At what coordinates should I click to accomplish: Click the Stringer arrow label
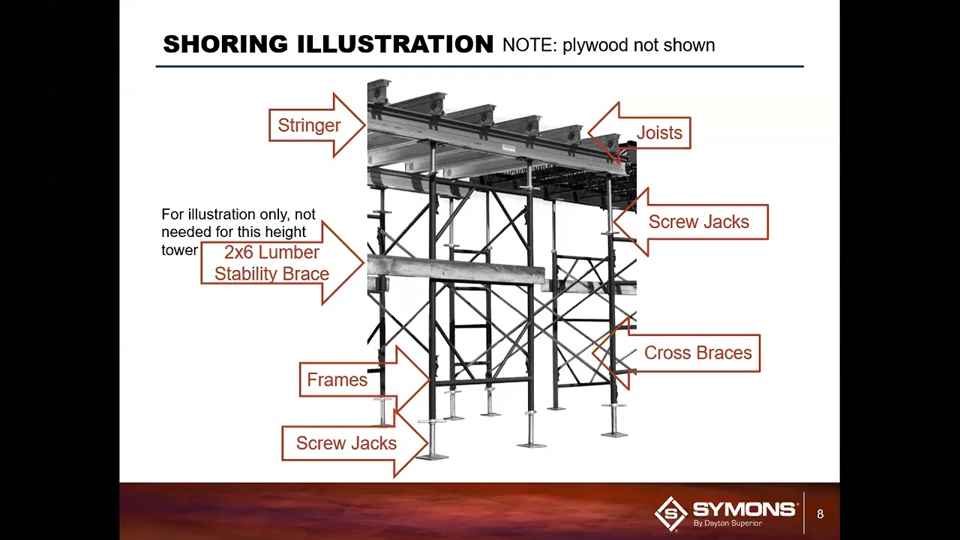click(309, 125)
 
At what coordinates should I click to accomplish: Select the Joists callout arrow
click(659, 133)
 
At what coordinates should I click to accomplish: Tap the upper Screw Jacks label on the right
click(698, 222)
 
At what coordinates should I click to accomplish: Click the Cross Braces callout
click(697, 353)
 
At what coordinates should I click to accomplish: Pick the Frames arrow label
click(337, 380)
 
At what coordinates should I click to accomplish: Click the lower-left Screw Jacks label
click(346, 443)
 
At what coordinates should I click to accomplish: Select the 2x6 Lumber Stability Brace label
click(271, 263)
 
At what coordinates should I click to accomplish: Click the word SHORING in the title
click(226, 44)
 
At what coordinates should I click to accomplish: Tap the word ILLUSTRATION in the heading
click(395, 44)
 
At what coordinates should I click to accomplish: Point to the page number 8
click(820, 514)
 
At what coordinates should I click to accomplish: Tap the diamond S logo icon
click(670, 514)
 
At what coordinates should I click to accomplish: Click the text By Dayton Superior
click(727, 523)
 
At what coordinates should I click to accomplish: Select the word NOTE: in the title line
click(529, 45)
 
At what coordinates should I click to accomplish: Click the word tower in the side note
click(179, 250)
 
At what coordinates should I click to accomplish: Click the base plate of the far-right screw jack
click(614, 433)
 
